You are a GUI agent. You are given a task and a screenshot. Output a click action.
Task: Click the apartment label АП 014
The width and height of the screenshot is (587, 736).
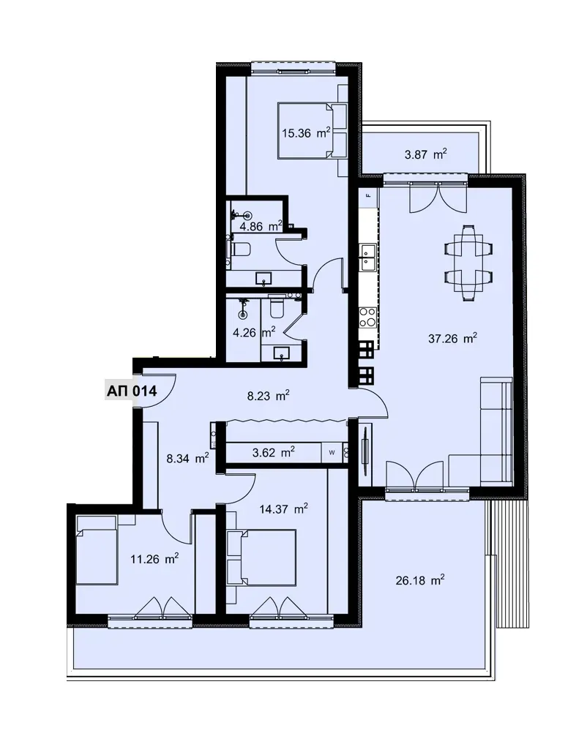coord(132,391)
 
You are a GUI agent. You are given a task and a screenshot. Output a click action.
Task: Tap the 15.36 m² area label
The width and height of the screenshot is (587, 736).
coord(306,133)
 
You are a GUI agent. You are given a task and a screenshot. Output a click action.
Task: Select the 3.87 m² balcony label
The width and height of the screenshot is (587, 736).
coord(425,154)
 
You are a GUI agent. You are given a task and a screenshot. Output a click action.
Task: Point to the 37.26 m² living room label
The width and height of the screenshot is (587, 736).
coord(453,338)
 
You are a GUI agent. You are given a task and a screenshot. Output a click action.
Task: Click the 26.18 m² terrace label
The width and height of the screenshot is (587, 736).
coord(420,580)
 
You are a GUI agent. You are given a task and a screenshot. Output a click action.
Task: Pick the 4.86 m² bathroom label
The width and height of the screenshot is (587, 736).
coord(261,227)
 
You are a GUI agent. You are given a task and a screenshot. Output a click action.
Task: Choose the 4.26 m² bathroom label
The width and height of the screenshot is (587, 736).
coord(254,332)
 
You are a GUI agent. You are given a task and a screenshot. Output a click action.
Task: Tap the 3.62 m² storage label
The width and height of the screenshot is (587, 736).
coord(273,452)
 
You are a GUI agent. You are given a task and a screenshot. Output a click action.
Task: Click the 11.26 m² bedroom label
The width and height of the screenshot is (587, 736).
coord(154,558)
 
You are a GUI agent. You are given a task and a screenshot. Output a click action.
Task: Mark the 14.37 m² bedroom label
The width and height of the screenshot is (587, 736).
coord(284,508)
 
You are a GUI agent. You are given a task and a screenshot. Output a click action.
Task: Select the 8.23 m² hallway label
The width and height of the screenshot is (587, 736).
coord(268,396)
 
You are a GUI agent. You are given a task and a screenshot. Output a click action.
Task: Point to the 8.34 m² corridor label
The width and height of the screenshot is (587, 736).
coord(187,458)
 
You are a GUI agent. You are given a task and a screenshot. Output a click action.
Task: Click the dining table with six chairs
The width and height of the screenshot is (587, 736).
coord(468,263)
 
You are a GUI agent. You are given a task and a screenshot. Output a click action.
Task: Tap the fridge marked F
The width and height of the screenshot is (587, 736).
coord(369,198)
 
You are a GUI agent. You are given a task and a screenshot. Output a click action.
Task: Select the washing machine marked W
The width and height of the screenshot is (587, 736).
coord(332,453)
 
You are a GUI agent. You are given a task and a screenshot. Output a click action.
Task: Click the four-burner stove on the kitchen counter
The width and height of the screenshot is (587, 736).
coord(367,318)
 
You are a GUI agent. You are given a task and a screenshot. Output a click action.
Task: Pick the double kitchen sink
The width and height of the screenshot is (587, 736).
coord(367,258)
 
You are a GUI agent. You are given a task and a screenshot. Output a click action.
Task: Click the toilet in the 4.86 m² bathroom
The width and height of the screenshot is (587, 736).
coord(240,249)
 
